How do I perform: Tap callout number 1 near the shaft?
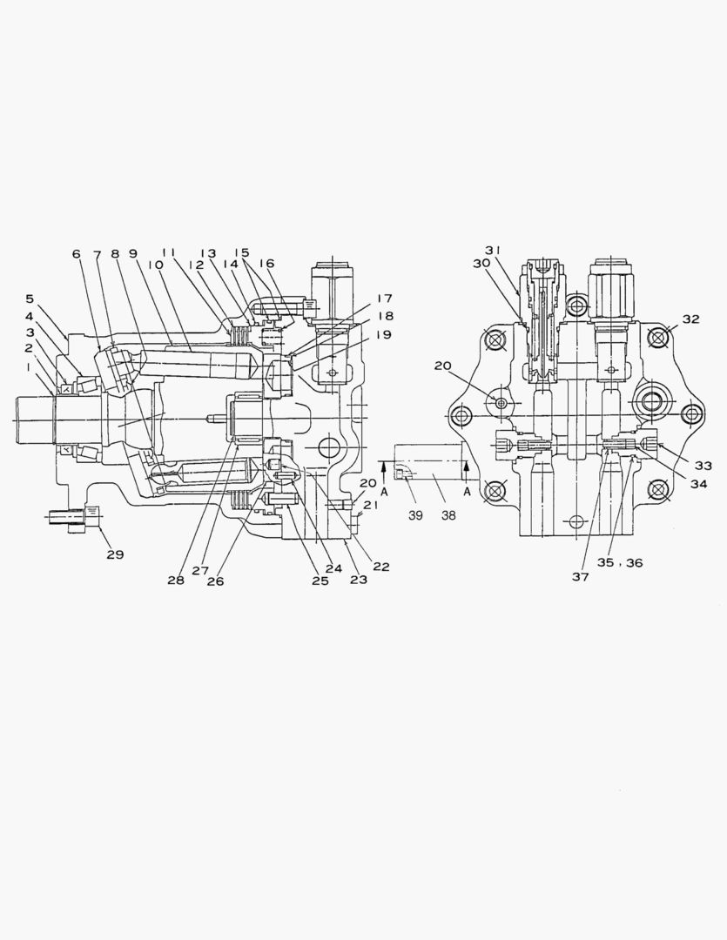(29, 367)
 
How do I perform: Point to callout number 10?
(157, 265)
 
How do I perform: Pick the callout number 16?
(266, 263)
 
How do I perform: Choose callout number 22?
(380, 567)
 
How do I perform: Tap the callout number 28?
(176, 580)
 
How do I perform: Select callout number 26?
(215, 581)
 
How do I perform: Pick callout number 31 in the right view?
(494, 251)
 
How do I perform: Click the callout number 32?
(690, 319)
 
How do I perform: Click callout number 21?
(371, 506)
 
